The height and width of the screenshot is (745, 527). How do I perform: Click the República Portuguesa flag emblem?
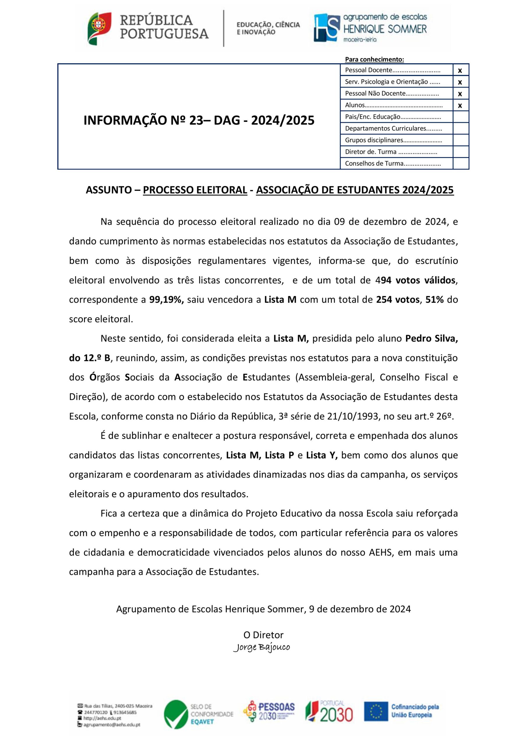[99, 29]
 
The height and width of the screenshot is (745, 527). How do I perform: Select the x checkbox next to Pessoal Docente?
[460, 70]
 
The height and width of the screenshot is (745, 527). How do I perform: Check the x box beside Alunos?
[460, 105]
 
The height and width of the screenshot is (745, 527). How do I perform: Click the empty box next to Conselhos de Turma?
[460, 164]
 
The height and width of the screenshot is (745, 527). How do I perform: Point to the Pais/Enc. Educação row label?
[392, 117]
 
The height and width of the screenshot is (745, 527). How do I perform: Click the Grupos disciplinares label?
[393, 140]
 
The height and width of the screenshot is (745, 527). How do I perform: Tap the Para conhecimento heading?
[374, 59]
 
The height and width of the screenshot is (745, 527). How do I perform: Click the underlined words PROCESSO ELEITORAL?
[195, 190]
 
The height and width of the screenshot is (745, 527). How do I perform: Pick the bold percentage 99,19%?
[167, 299]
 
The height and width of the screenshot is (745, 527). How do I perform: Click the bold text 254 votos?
[397, 299]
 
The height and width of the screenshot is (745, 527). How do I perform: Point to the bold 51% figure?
[434, 299]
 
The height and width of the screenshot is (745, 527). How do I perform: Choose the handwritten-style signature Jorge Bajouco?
[261, 647]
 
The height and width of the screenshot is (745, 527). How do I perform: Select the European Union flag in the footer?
[376, 716]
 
